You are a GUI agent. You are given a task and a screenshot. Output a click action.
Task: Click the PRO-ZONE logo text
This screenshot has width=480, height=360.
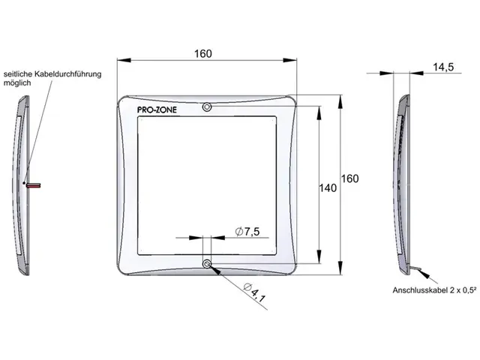point(157,110)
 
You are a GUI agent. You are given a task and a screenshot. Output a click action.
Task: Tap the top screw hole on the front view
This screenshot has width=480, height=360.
point(207,106)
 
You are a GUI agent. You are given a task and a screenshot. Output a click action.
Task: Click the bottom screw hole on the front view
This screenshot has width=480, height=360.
point(207,263)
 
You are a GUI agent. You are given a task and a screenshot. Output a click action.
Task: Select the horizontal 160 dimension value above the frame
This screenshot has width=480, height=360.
point(203,54)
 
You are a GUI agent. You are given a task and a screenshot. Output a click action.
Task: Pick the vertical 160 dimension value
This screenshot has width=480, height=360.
point(350,178)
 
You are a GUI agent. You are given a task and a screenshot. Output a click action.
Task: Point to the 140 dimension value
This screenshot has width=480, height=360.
point(328,188)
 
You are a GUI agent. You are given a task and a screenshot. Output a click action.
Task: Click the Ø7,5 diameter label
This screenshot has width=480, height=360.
point(247,232)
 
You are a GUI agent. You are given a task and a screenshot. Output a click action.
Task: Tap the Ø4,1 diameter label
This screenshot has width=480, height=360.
point(255,293)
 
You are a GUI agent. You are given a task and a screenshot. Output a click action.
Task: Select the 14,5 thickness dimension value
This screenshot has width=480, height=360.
point(443,67)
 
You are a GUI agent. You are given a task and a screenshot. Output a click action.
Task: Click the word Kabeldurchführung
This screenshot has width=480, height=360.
point(67,74)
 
